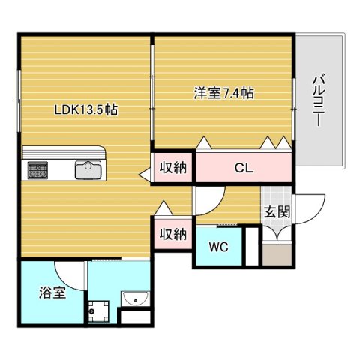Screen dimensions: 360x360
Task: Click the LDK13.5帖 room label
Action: [86, 109]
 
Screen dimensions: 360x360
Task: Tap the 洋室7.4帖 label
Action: [224, 93]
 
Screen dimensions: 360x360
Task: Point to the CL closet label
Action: [244, 168]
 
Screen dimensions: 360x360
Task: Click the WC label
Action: [219, 247]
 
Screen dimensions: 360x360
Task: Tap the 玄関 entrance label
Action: [277, 212]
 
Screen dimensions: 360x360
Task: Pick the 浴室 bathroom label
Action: [52, 292]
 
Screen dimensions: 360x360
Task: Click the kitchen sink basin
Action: [88, 170]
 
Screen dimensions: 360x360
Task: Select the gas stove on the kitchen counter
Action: [37, 170]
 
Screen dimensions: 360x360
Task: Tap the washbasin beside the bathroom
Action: [135, 298]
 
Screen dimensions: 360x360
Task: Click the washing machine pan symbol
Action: [98, 311]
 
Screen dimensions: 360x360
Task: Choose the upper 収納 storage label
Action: [173, 168]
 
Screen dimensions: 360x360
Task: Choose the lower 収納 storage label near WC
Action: [173, 234]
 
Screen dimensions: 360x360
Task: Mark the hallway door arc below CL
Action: [217, 205]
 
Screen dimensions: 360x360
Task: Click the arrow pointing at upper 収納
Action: [145, 175]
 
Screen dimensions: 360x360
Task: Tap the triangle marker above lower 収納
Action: [163, 208]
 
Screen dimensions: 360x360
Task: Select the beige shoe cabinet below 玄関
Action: [277, 255]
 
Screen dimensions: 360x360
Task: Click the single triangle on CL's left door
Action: [204, 143]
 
